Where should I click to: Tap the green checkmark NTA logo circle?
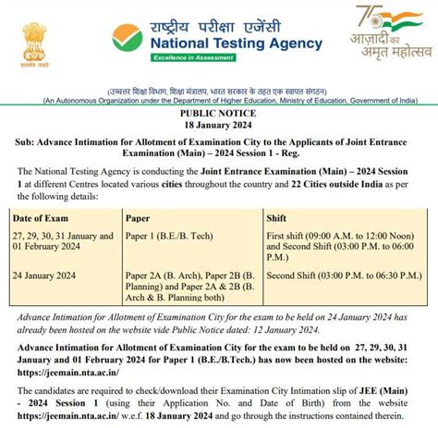click(x=128, y=37)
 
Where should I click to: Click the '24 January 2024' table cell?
click(x=49, y=275)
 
